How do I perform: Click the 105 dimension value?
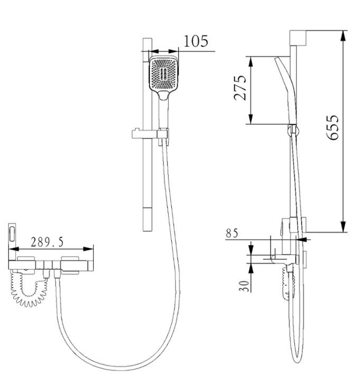(196, 41)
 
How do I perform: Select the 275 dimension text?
(240, 88)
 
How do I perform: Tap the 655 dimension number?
(332, 127)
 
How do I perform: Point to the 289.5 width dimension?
(47, 242)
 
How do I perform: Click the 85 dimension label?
(232, 233)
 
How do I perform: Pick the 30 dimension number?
(245, 286)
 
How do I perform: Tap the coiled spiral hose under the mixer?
(29, 288)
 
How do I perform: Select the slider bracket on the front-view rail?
(150, 134)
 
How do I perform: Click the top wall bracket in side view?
(298, 38)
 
